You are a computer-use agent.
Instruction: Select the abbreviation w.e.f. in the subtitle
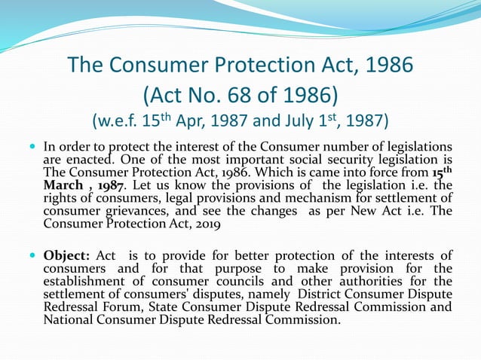pyautogui.click(x=118, y=120)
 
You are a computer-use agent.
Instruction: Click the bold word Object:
pyautogui.click(x=66, y=256)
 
